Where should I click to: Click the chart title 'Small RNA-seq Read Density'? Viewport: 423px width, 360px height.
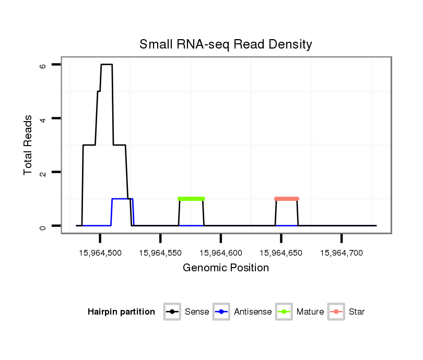(226, 44)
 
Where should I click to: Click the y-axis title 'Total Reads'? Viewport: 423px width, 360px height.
(28, 145)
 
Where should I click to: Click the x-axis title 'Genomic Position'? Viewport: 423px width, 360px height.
(226, 268)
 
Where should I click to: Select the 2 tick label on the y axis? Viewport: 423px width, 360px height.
(43, 172)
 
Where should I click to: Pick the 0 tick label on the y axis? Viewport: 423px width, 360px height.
(43, 226)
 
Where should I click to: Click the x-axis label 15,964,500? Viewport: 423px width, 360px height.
(100, 253)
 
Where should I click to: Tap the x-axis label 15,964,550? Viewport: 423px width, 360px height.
(160, 253)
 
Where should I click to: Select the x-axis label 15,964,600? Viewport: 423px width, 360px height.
(221, 253)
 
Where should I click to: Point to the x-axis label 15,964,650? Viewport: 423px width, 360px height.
(281, 253)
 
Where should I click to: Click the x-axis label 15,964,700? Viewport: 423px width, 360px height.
(342, 253)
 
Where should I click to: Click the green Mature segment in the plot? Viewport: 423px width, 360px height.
(191, 199)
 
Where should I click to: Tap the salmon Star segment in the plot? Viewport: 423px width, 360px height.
(286, 199)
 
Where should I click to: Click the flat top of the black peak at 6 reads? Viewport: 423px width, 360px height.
(107, 64)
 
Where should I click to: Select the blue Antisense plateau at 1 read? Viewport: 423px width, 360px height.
(122, 199)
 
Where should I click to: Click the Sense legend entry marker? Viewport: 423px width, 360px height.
(172, 312)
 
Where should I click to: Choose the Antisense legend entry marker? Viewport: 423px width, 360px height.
(221, 312)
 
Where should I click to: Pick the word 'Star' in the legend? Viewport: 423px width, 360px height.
(357, 312)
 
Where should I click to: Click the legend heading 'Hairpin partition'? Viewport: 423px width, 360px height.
(121, 312)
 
